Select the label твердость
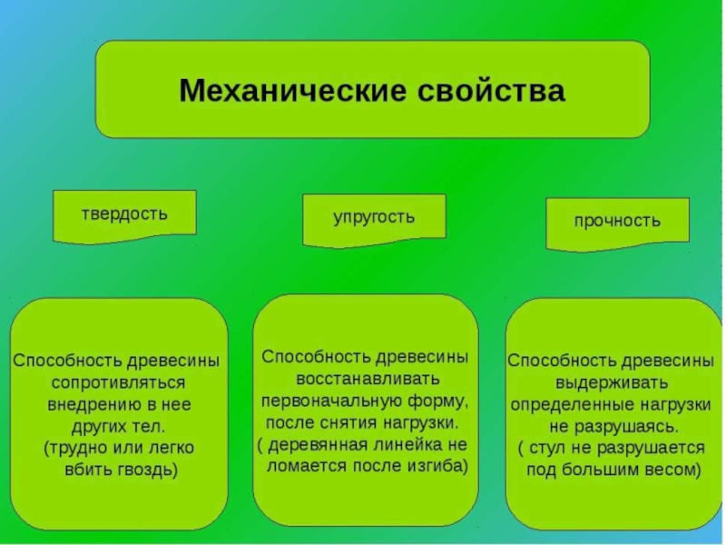pos(124,214)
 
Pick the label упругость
pos(373,217)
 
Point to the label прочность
pos(617,221)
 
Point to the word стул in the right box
pos(551,448)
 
